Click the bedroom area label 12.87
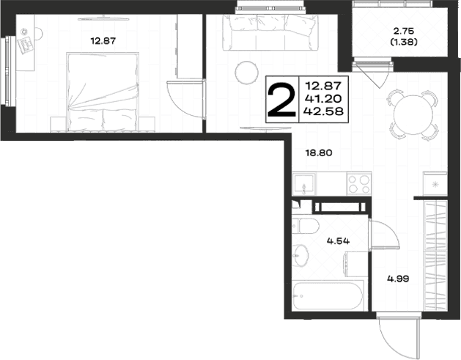coord(103,41)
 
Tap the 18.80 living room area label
coord(319,153)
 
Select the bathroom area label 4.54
coord(338,241)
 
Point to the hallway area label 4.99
coord(398,279)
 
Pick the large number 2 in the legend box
coord(281,100)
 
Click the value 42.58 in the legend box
coord(323,111)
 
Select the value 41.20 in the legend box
coord(323,98)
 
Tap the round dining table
coord(413,114)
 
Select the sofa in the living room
coord(270,33)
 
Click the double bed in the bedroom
coord(103,92)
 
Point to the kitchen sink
coord(304,184)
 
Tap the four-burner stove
coord(359,183)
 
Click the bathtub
coord(328,295)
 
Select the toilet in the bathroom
coord(305,226)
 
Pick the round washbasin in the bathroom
coord(300,256)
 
